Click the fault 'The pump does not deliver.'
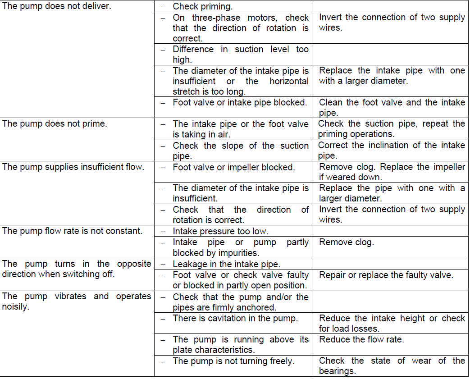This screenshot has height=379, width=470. coord(56,7)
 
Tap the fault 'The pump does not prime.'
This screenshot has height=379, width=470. coord(55,123)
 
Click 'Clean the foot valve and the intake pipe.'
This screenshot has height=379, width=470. coord(392,108)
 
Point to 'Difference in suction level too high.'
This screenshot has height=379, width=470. coord(240,55)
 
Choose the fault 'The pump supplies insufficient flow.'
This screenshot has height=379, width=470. coord(73,167)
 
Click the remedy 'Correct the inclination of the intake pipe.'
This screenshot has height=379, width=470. coord(391,151)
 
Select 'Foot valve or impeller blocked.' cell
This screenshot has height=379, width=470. coord(233,167)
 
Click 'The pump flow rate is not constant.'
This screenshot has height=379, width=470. coord(72,231)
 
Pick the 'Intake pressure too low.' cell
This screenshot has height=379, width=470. coord(220,231)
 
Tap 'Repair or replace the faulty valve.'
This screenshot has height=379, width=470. coord(386,275)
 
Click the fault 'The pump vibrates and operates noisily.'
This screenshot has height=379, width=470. coord(77,301)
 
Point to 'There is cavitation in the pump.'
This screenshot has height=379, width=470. coord(235,319)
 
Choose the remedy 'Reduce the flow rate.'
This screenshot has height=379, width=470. coord(361,339)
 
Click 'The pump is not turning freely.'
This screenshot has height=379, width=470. coord(233,361)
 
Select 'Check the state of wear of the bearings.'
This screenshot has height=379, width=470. coord(392,366)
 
